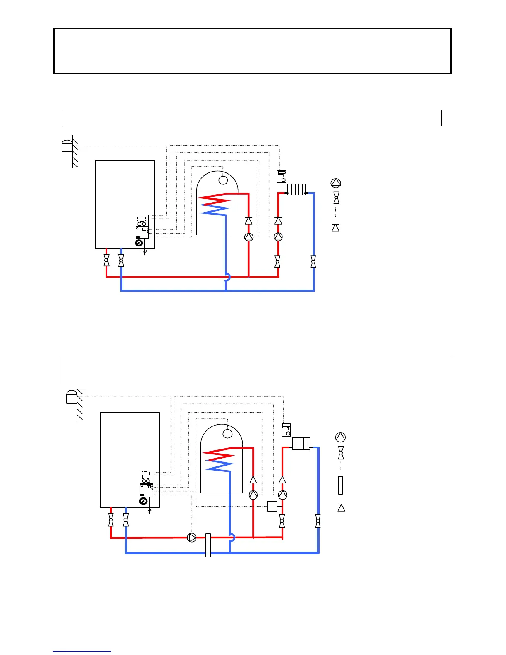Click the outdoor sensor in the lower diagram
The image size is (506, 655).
coord(72,397)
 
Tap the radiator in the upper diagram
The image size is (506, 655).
coord(296,189)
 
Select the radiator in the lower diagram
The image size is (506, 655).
coord(301,444)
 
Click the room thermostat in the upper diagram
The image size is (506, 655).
coord(282,176)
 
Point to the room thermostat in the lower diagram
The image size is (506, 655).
coord(286,430)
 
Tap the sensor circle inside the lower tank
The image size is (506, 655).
coord(227,433)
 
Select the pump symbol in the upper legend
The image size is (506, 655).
coord(336,183)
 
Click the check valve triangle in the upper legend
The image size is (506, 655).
coord(335,227)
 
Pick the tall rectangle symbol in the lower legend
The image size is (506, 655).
coord(340,485)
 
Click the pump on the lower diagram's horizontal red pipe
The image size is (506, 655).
coord(192,538)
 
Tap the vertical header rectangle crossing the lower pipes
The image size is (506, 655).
coord(208,545)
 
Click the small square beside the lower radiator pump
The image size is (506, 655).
coord(272,506)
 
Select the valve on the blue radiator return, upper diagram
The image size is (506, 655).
coord(313,261)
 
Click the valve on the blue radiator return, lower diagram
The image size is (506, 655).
coord(318,521)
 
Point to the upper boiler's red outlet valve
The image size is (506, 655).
coord(107,261)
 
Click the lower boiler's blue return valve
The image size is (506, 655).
coord(126,520)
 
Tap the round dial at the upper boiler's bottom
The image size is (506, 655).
coord(139,243)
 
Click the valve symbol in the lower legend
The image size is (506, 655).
coord(341,453)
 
